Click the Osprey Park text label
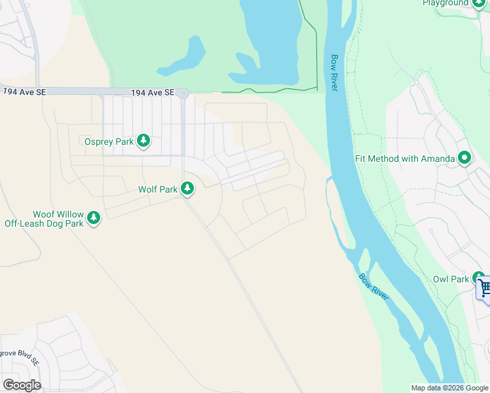109,141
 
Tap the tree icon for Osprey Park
143,141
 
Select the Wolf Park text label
158,189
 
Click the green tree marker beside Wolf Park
188,189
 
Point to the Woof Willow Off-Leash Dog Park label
44,219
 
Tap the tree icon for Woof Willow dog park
94,218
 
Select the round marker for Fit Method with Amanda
465,158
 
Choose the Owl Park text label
451,279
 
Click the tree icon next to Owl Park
479,278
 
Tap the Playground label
445,3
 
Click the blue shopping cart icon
485,288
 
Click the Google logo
22,384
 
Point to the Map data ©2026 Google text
449,388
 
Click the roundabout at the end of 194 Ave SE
183,94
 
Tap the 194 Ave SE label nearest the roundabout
153,93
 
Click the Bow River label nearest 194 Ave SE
334,72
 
